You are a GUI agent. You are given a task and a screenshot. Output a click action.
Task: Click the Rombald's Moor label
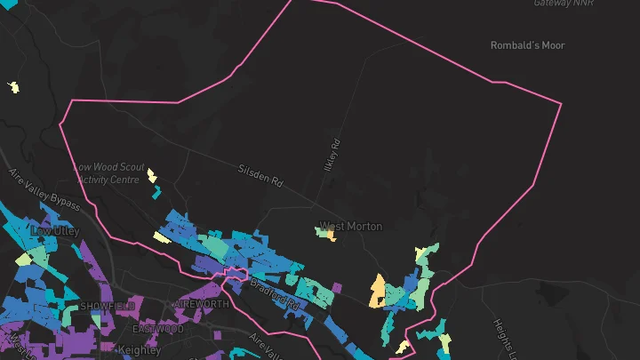[x=527, y=45]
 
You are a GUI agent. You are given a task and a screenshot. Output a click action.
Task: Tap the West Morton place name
[x=351, y=226]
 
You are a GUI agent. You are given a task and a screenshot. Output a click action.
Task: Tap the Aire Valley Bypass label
[x=44, y=190]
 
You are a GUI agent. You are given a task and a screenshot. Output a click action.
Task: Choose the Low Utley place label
[x=55, y=231]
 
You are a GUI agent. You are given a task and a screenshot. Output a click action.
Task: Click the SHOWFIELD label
[x=108, y=306]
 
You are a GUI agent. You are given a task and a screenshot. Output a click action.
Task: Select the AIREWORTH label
[x=201, y=304]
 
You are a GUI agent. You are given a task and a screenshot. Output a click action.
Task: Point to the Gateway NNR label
[x=564, y=4]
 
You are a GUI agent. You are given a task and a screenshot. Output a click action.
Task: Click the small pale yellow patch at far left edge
[x=13, y=87]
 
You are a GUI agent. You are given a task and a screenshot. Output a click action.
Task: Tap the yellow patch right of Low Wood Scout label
[x=152, y=175]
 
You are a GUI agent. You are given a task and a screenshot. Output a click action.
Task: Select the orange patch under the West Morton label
[x=331, y=236]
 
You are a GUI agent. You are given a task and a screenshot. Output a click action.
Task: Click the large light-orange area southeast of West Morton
[x=378, y=291]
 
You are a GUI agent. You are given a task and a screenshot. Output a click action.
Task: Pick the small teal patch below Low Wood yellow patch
[x=156, y=191]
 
